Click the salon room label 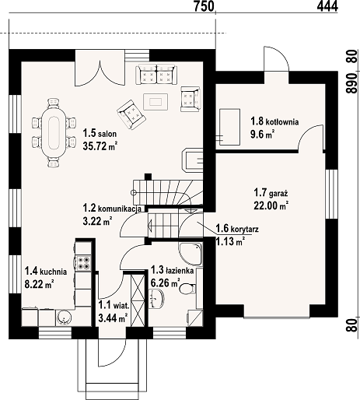(100, 134)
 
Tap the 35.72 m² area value (100, 146)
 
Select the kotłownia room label (274, 121)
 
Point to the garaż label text (271, 193)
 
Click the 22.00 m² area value (271, 205)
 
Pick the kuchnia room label (46, 272)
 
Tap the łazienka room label (173, 270)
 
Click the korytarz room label (237, 229)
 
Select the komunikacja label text (112, 208)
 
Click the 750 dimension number (204, 6)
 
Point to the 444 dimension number (327, 6)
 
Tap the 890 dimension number (351, 83)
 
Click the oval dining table (54, 132)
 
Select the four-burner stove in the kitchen (83, 262)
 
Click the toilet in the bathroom (187, 289)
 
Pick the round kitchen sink (64, 317)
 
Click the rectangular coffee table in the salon (156, 101)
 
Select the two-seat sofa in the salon (156, 75)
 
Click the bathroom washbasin (156, 299)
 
